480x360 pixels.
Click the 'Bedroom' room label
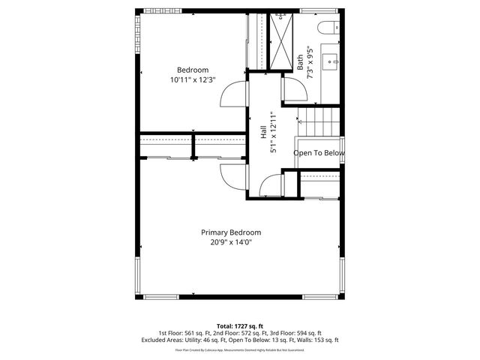click(x=193, y=70)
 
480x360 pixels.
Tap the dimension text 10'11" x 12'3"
click(x=193, y=79)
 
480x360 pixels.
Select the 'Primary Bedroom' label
click(x=230, y=232)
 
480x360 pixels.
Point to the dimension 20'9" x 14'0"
click(x=230, y=241)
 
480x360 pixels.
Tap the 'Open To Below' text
click(x=319, y=153)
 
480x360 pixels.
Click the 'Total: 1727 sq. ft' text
click(x=240, y=326)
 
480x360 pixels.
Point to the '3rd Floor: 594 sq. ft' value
click(x=296, y=333)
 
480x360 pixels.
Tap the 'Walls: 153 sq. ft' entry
click(x=315, y=340)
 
